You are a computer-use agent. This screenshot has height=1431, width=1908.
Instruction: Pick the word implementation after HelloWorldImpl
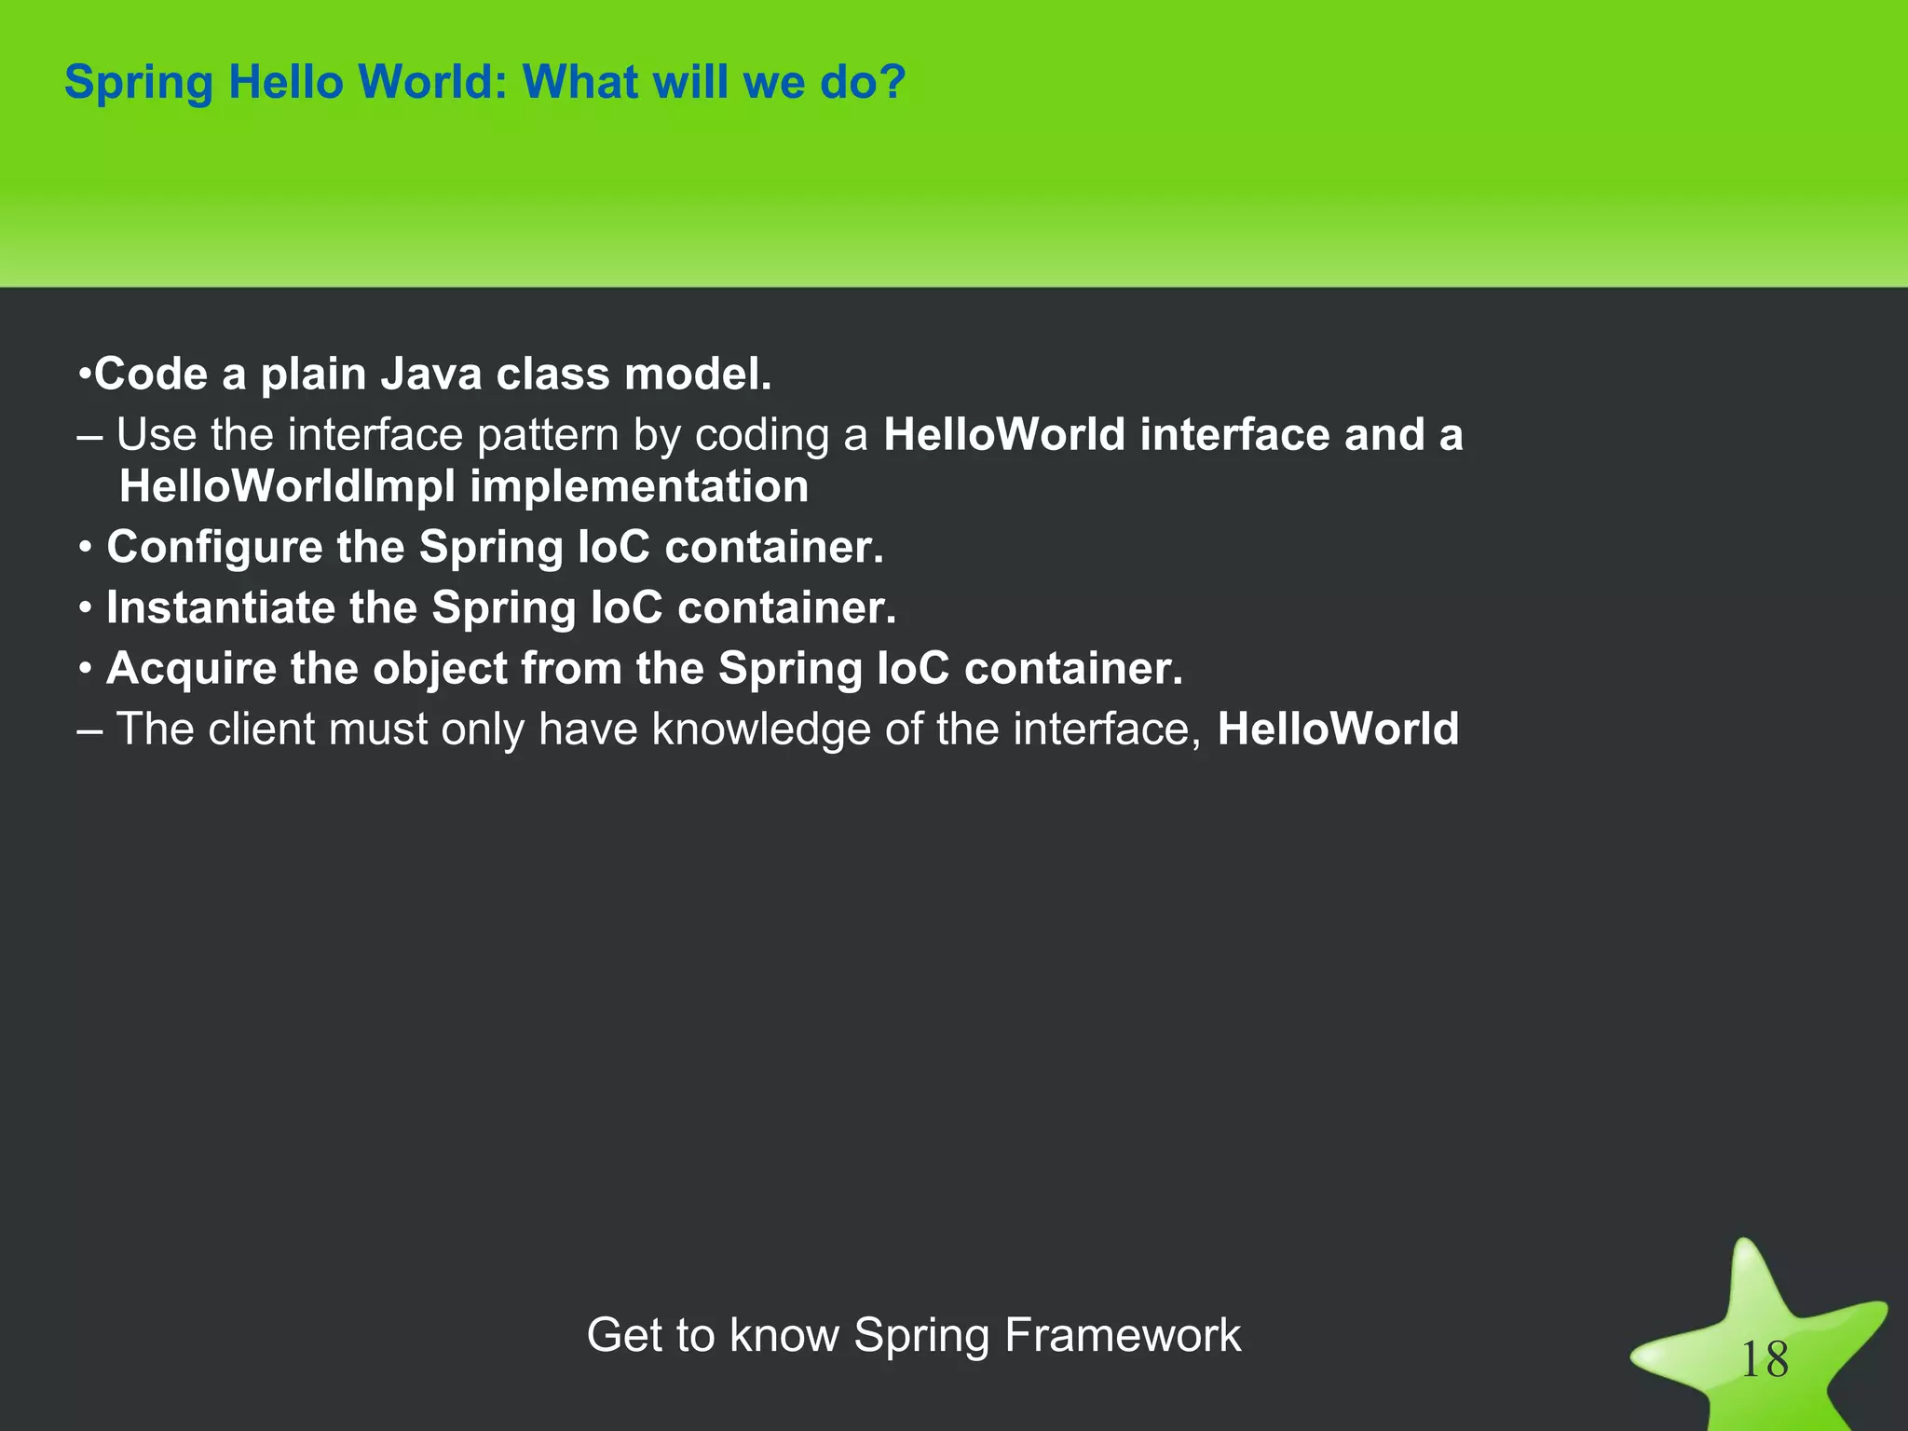coord(639,487)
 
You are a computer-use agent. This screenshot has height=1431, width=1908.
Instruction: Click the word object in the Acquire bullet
coord(439,669)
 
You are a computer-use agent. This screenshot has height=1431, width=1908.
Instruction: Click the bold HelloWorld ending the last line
coord(1338,729)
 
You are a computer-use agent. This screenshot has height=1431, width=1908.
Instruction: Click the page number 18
coord(1764,1360)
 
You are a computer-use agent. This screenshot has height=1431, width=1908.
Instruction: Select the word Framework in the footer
coord(1123,1335)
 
